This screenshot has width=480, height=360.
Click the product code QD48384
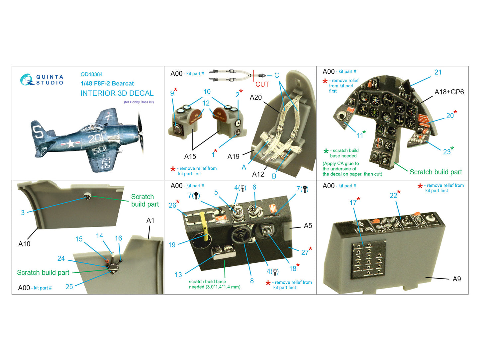click(91, 74)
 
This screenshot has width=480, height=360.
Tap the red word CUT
click(262, 84)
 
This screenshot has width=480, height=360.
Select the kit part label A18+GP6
click(449, 92)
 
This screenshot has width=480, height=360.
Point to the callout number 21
click(438, 72)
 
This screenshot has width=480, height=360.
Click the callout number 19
click(172, 245)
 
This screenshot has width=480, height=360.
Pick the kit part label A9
click(457, 279)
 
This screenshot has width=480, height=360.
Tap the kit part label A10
click(24, 244)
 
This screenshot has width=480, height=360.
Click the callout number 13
click(178, 275)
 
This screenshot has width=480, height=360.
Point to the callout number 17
click(353, 203)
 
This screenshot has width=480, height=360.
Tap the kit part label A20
click(256, 98)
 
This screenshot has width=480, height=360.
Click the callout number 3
click(23, 213)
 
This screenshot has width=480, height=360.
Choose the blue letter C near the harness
click(277, 75)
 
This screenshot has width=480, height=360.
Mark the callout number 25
click(69, 287)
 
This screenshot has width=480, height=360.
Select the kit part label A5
click(308, 226)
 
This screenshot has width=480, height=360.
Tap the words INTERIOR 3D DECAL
click(117, 93)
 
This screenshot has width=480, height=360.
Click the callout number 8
click(252, 281)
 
